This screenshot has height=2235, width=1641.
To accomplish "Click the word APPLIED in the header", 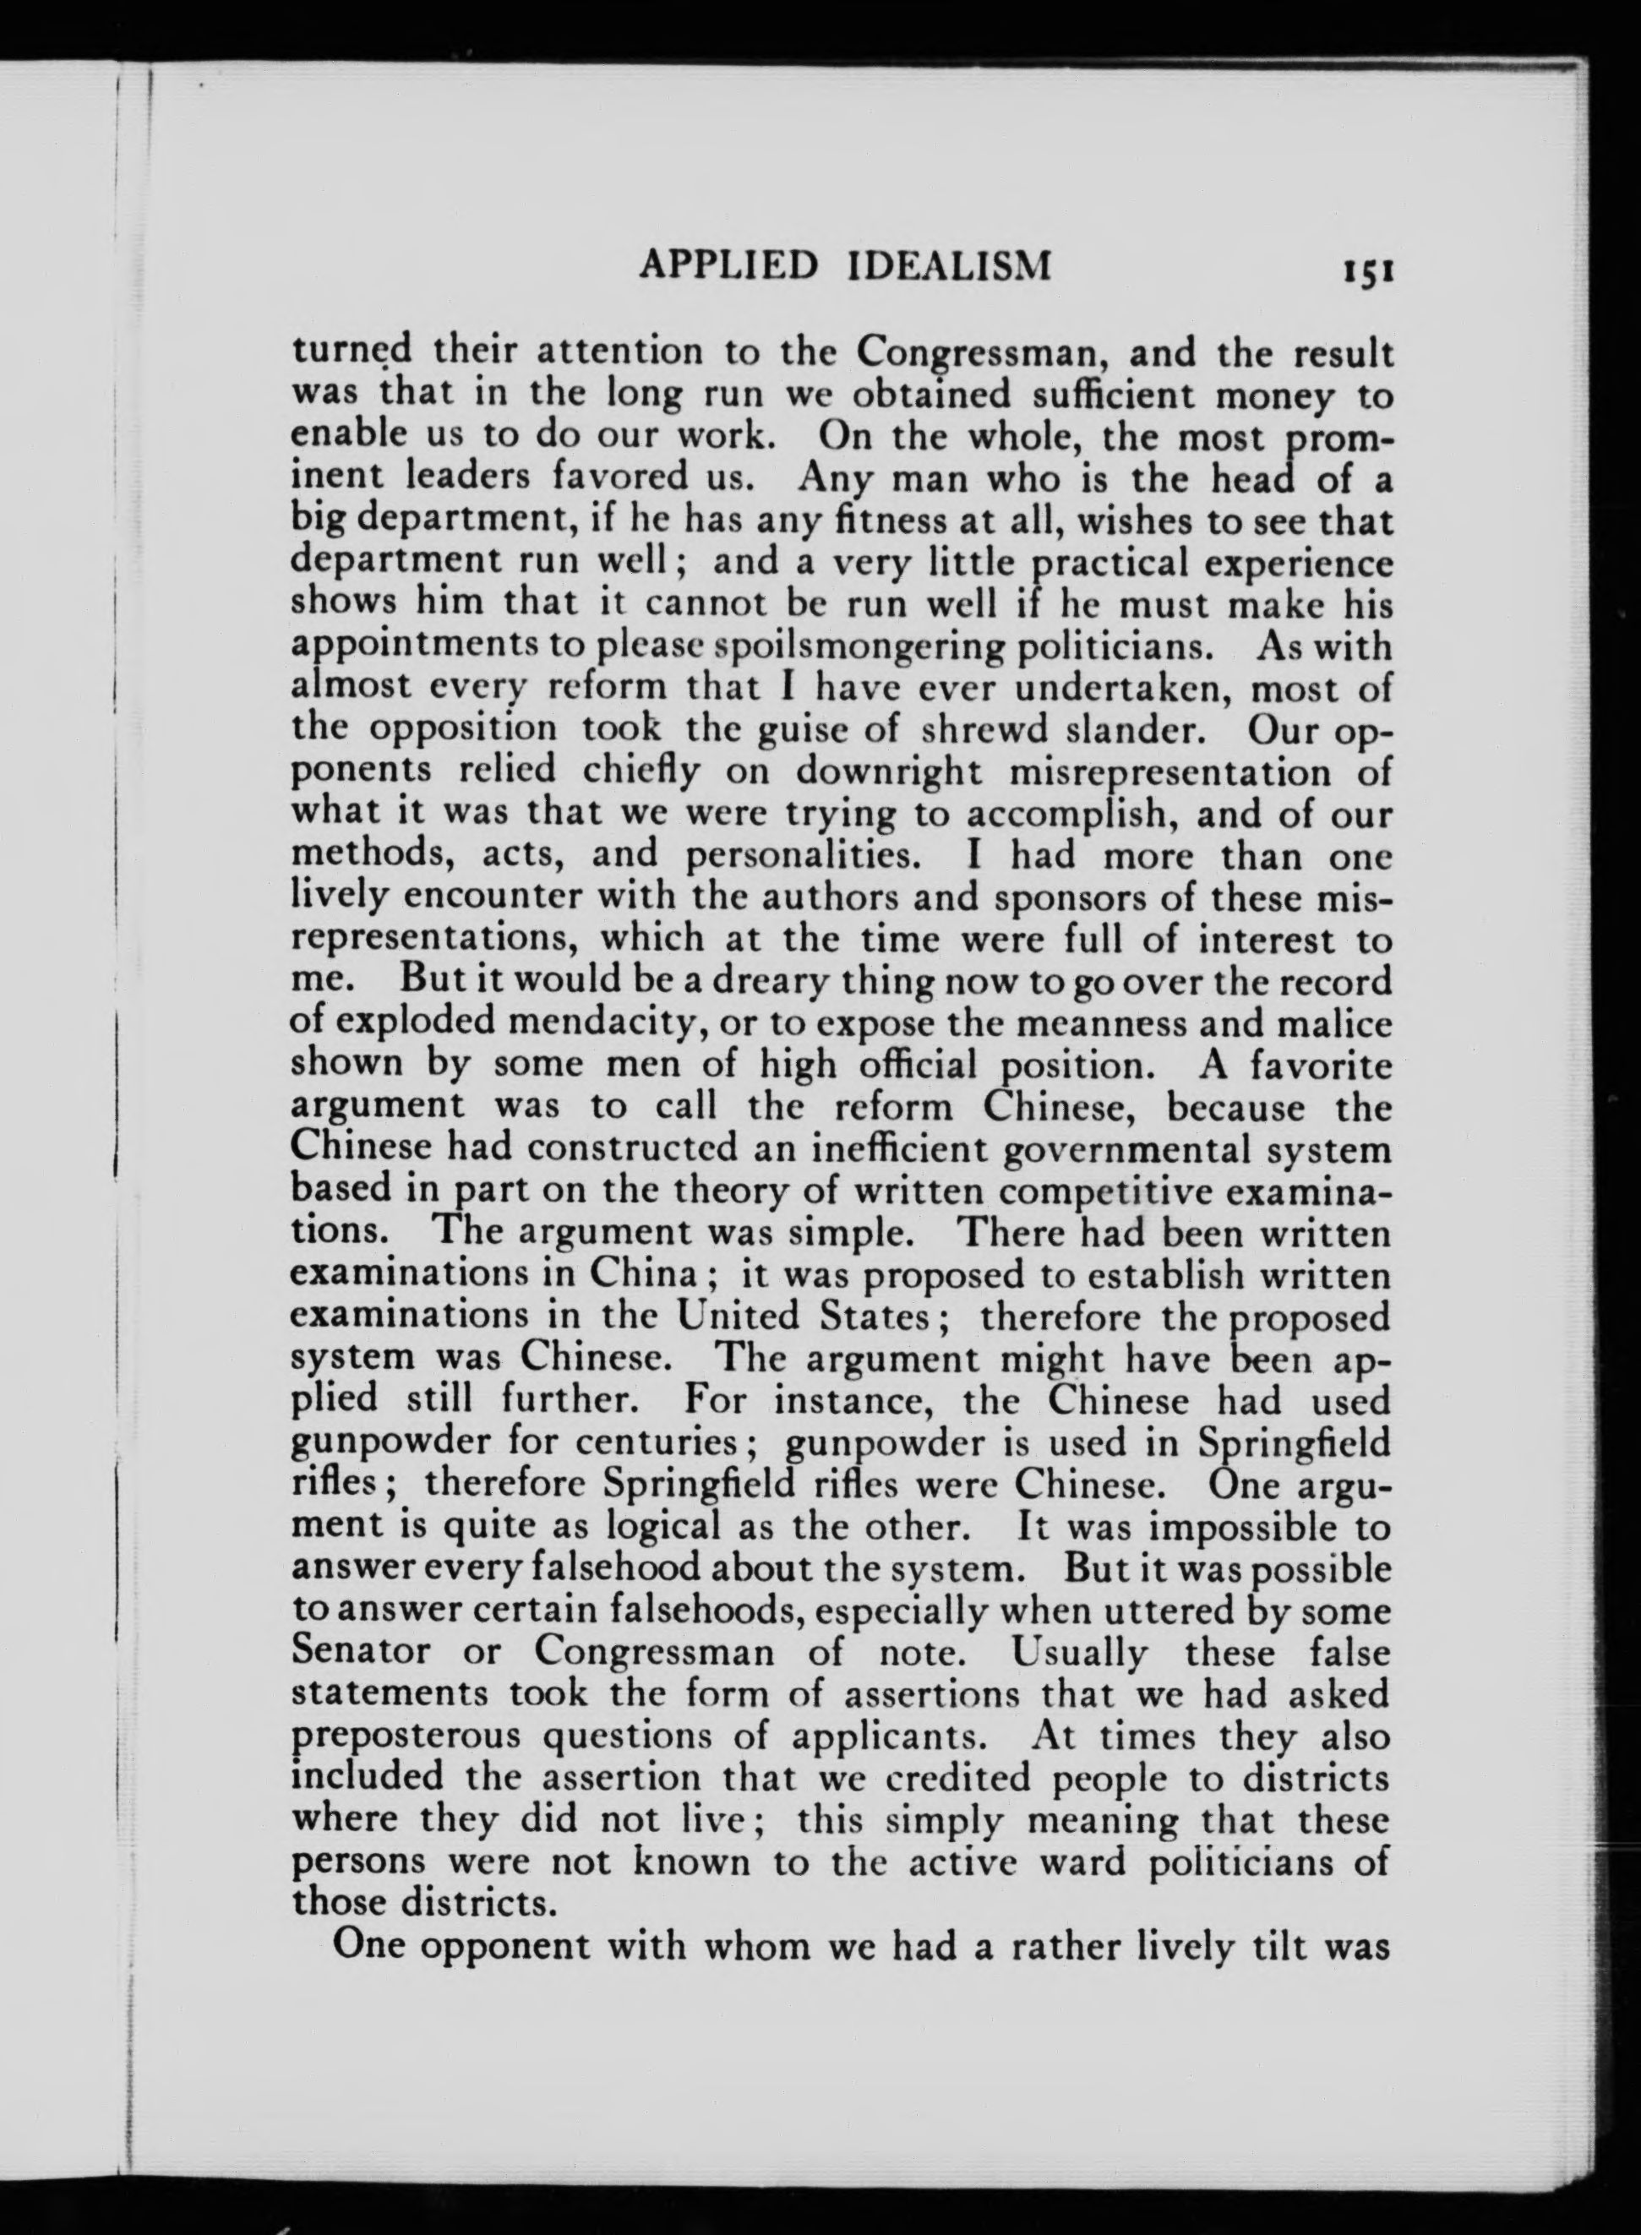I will (x=728, y=265).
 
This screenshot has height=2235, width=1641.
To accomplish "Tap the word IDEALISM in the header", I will (x=951, y=265).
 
